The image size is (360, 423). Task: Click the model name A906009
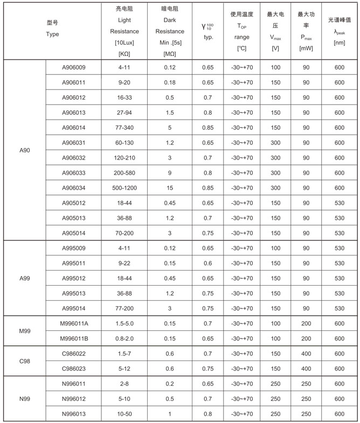coord(73,67)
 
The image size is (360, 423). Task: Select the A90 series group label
coord(24,150)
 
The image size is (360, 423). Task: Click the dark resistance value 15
coord(170,188)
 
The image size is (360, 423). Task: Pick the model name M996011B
coord(73,338)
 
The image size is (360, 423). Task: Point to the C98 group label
coord(24,361)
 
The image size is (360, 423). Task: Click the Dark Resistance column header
coord(170,31)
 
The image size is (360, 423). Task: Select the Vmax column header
coord(275,31)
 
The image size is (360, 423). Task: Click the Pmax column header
coord(306,31)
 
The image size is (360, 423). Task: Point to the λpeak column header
coord(340,31)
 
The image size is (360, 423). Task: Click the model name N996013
coord(73,414)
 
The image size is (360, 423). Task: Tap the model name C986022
coord(73,353)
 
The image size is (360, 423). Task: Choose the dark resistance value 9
coord(170,173)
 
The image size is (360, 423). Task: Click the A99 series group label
coord(24,279)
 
